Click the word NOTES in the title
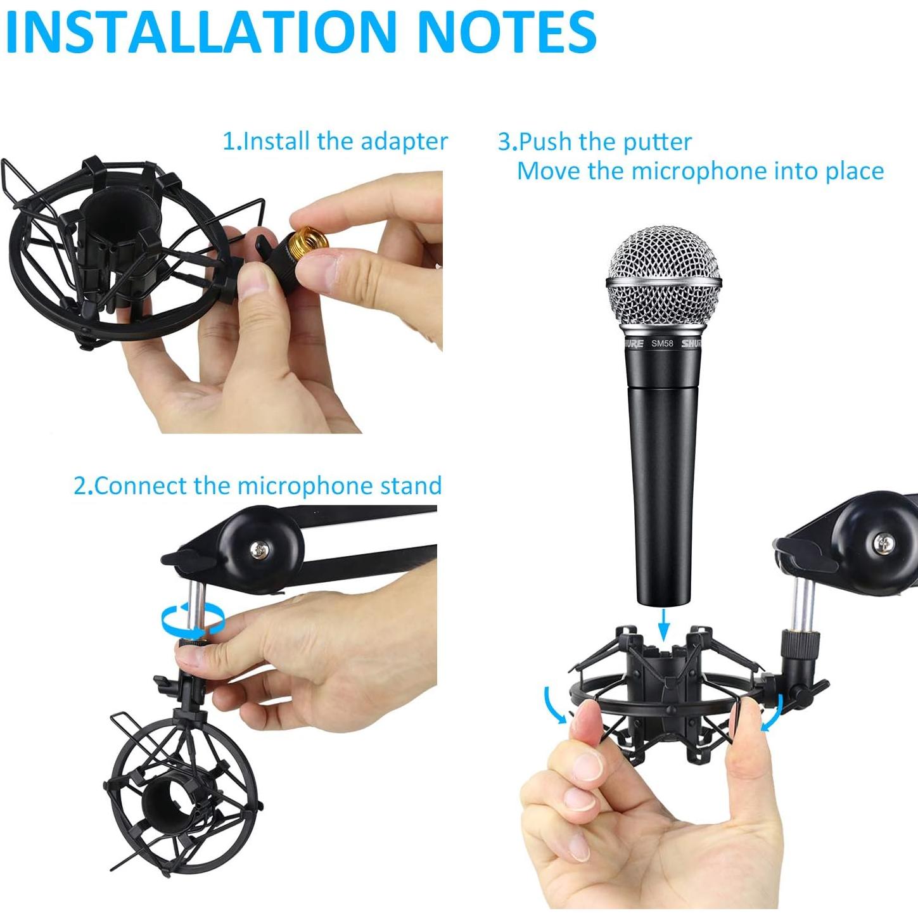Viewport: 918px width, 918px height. (x=507, y=32)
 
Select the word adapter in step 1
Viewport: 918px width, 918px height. (x=404, y=141)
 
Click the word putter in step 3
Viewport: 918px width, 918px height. (x=657, y=142)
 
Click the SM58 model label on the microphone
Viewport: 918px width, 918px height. (x=662, y=343)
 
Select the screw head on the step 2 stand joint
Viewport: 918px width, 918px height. (x=258, y=549)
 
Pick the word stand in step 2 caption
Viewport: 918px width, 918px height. (x=411, y=486)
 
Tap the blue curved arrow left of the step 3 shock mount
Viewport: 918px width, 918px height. (x=556, y=705)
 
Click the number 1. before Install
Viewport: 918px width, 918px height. (x=232, y=141)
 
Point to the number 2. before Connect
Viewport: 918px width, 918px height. (x=83, y=486)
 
